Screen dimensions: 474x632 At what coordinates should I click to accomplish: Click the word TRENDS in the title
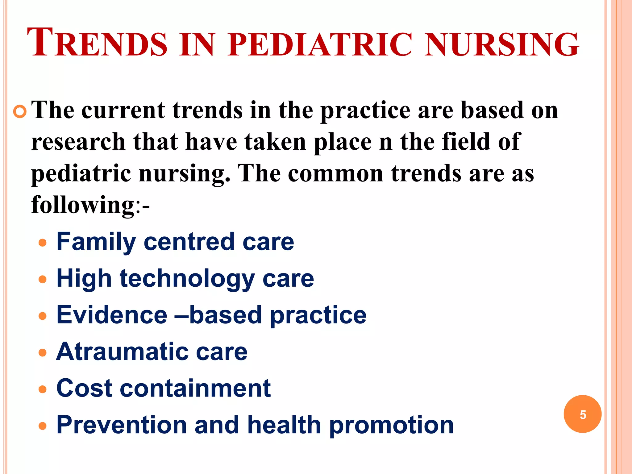[x=97, y=43]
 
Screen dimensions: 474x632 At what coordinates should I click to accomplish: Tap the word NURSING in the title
[x=501, y=45]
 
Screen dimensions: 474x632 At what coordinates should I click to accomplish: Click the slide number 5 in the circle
[x=583, y=414]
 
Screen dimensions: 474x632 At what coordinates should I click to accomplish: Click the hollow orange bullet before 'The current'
[x=20, y=111]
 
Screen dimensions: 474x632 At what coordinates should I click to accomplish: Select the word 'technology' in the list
[x=187, y=279]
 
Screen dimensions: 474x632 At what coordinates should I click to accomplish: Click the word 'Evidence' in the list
[x=112, y=315]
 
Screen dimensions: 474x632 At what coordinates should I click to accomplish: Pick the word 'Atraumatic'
[x=122, y=352]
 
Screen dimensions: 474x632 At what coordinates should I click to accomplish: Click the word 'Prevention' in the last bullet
[x=122, y=425]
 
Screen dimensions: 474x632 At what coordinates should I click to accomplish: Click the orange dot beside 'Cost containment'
[x=43, y=389]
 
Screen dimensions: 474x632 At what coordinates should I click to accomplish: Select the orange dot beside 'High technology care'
[x=43, y=280]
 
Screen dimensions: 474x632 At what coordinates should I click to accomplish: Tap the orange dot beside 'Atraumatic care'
[x=43, y=353]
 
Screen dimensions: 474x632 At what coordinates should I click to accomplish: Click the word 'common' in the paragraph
[x=335, y=173]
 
